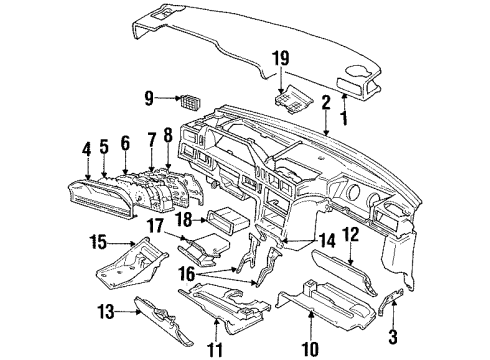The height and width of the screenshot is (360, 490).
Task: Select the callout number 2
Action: click(326, 101)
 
